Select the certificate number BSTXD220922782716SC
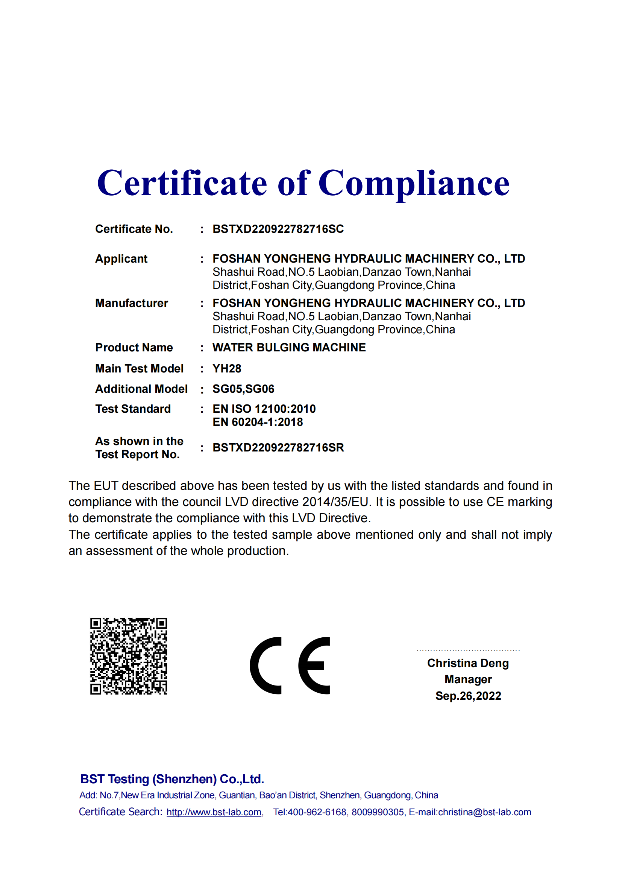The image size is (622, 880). (x=278, y=229)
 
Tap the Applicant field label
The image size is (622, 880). (x=121, y=259)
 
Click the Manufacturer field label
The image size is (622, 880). (x=131, y=303)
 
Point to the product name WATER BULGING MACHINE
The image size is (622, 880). (x=289, y=348)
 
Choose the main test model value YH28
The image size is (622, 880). (x=227, y=369)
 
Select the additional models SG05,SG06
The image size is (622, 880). (x=243, y=389)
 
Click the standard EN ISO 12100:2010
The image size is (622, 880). (x=264, y=409)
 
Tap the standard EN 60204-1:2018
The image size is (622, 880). (x=258, y=423)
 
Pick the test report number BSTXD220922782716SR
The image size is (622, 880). (x=278, y=448)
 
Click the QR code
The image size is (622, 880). (x=129, y=656)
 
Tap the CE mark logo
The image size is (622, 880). (x=290, y=666)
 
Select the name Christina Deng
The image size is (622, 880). (x=468, y=663)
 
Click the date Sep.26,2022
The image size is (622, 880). (x=468, y=696)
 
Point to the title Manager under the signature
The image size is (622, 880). (x=468, y=679)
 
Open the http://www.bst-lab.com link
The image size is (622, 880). (x=214, y=812)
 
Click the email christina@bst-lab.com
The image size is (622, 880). (x=484, y=812)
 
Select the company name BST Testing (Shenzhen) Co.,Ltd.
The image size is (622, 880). (x=172, y=779)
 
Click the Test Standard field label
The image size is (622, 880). (x=133, y=409)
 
